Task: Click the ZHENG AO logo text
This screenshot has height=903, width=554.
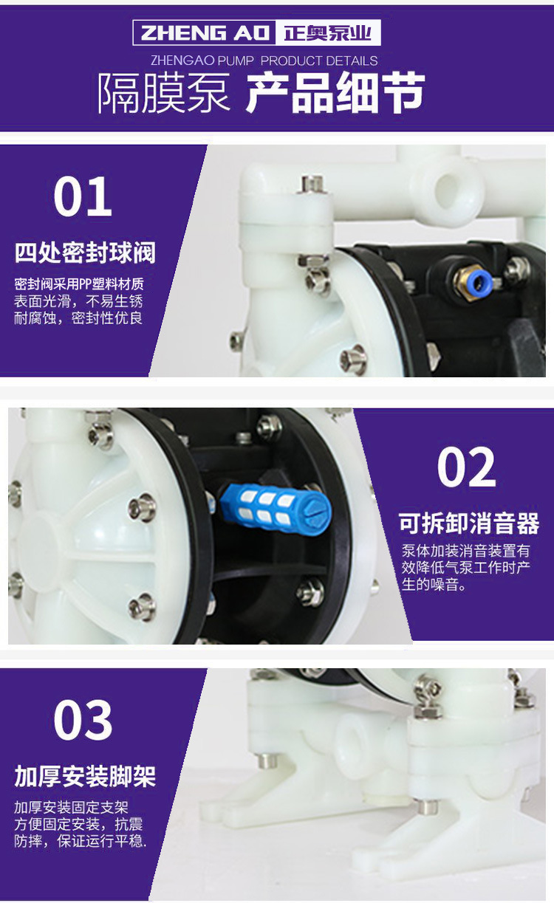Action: click(205, 33)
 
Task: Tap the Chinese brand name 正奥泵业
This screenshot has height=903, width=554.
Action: click(327, 33)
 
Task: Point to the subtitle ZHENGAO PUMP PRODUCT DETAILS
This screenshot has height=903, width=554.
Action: click(264, 61)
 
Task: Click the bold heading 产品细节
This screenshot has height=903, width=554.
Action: click(335, 93)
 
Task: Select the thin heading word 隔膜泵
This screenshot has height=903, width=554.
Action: click(164, 93)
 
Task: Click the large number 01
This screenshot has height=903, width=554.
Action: click(83, 196)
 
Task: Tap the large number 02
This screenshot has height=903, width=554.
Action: click(467, 467)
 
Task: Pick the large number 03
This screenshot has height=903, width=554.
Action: click(83, 720)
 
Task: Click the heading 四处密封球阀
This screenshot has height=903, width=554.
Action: click(85, 253)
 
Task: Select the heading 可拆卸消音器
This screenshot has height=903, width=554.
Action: click(469, 523)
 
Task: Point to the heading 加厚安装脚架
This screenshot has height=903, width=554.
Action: click(85, 777)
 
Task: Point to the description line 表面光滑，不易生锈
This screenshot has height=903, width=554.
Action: click(78, 301)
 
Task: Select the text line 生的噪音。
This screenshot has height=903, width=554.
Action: click(434, 584)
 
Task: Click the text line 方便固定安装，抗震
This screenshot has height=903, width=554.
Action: click(78, 825)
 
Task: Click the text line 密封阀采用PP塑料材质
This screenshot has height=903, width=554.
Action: click(79, 284)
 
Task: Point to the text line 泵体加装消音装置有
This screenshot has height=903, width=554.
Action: click(465, 550)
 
